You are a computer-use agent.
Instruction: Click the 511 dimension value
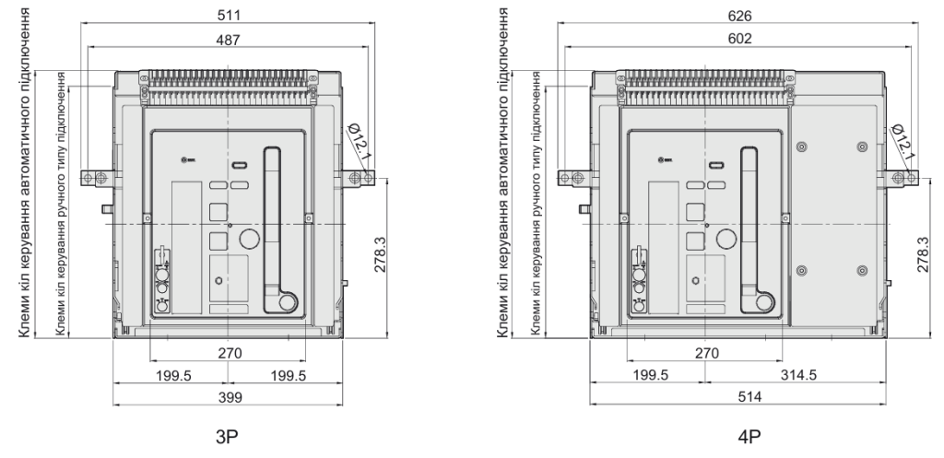[228, 15]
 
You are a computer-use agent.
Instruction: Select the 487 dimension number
[228, 40]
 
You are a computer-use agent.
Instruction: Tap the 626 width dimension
[739, 15]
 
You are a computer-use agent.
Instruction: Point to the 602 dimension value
[739, 39]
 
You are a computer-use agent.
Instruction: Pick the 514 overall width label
[749, 396]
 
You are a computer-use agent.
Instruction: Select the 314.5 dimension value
[798, 375]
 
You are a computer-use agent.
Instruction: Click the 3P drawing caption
[227, 437]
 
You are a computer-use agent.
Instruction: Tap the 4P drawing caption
[749, 437]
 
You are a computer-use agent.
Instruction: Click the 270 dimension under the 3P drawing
[230, 353]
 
